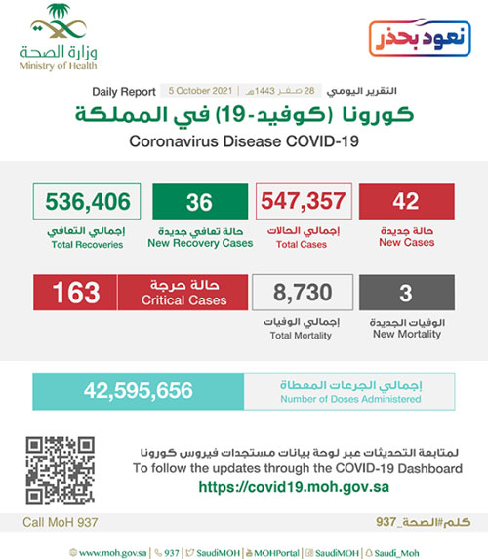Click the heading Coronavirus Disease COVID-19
(243, 141)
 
